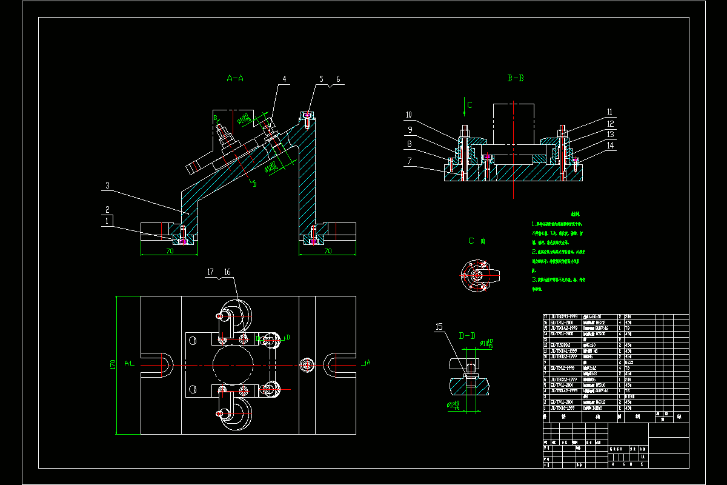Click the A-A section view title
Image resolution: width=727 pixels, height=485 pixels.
coord(235,78)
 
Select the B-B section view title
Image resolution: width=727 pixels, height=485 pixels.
coord(516,78)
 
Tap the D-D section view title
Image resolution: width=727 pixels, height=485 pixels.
coord(467,335)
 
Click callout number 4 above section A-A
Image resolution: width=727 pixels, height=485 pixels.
coord(284,79)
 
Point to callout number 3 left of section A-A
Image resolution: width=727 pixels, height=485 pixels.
coord(107,185)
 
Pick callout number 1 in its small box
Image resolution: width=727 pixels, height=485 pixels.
coord(107,221)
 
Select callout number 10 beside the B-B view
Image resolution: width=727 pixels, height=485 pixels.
coord(409,115)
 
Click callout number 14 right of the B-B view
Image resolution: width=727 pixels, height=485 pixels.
coord(610,145)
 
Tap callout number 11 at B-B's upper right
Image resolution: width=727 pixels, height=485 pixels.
coord(610,112)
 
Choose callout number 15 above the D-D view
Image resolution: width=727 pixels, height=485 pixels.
coord(439,327)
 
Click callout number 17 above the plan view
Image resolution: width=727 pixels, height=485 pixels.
coord(211,273)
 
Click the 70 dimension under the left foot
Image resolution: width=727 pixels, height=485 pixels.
coord(170,250)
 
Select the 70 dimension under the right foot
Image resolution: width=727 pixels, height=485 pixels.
coord(328,250)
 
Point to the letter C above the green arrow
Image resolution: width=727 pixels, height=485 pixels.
coord(470,105)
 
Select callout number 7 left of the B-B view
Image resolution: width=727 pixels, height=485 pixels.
coord(409,161)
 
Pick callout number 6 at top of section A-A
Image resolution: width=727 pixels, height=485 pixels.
coord(338,79)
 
